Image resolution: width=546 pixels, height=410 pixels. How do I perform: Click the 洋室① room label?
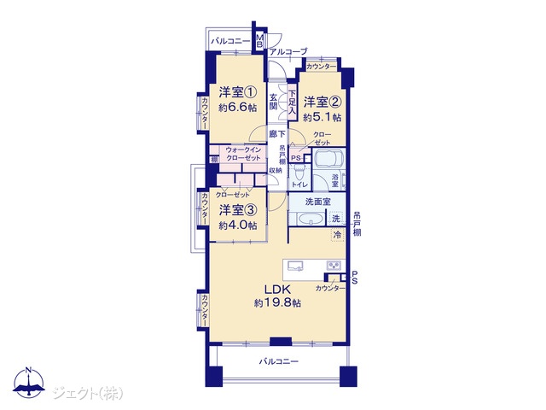(238, 93)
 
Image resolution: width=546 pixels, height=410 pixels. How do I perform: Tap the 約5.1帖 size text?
(322, 118)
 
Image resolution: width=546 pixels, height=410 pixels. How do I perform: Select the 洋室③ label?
(238, 210)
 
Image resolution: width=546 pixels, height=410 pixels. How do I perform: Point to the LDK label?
(277, 289)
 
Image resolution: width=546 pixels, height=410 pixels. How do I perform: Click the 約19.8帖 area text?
(277, 303)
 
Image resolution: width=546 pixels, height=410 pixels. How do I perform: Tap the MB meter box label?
(259, 40)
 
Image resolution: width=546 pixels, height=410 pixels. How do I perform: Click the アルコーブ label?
(289, 51)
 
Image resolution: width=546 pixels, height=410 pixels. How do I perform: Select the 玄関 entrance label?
(273, 102)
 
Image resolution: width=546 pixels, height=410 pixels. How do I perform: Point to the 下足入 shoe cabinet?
(292, 102)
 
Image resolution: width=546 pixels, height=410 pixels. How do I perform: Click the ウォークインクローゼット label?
(243, 154)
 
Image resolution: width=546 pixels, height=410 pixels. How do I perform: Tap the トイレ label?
(299, 184)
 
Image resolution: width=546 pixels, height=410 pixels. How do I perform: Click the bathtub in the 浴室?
(328, 159)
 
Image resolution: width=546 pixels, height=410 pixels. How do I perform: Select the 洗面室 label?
(318, 202)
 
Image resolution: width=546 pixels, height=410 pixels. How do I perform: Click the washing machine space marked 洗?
(336, 219)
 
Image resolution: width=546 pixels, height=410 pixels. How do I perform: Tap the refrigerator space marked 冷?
(337, 235)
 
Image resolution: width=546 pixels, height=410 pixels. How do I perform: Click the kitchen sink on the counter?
(295, 266)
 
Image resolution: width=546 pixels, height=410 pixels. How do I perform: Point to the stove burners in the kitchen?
(334, 266)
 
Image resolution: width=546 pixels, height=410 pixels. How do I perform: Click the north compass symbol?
(28, 383)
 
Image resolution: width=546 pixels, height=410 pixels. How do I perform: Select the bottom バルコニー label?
(279, 361)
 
